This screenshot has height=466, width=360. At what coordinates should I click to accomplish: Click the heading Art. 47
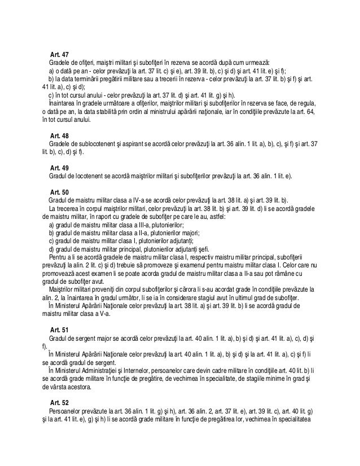coord(59,53)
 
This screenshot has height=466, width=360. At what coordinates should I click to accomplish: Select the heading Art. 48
coord(59,137)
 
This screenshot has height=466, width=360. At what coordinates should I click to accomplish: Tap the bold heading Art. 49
coord(59,168)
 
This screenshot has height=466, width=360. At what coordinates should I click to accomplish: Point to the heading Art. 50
coord(59,192)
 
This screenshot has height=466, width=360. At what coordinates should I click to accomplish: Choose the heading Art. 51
coord(59,329)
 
